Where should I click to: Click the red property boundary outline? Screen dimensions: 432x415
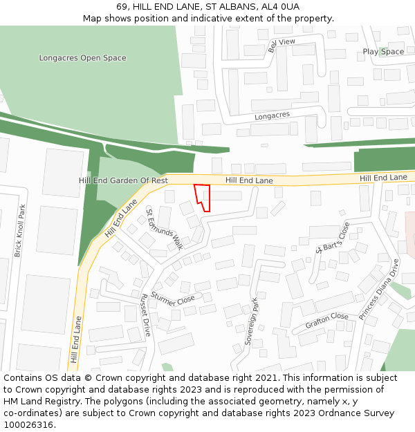[x=202, y=196]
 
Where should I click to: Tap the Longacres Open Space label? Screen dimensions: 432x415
[x=82, y=58]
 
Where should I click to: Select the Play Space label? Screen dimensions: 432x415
[x=383, y=52]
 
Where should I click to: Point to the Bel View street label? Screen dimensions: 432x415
[x=282, y=46]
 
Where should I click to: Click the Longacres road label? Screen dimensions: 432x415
[x=272, y=116]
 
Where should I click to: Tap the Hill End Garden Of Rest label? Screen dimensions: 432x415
[x=123, y=180]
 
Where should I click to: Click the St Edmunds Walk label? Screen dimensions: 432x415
[x=164, y=228]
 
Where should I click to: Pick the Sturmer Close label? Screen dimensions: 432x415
[x=173, y=299]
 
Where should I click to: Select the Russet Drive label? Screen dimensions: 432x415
[x=145, y=314]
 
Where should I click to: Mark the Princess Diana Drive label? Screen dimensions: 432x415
[x=379, y=289]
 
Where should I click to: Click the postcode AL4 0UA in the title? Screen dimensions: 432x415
[x=280, y=6]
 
